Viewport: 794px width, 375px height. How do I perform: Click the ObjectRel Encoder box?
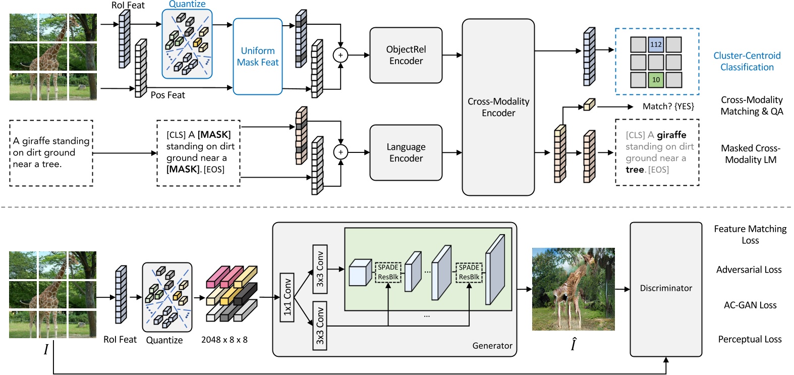406,55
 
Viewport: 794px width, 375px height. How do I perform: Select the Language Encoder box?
406,152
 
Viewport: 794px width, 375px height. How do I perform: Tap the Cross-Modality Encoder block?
498,107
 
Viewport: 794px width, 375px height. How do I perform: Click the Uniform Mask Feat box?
257,57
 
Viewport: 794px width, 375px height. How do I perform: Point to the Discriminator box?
665,288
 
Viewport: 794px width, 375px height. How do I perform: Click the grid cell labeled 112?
656,44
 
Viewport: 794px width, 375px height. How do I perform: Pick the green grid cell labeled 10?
656,80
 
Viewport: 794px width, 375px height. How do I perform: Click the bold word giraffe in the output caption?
671,135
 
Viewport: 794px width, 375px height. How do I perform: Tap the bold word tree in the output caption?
635,170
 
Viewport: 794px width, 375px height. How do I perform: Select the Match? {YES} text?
668,106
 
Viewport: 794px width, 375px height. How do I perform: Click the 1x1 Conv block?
287,297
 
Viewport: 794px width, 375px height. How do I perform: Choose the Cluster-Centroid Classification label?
747,62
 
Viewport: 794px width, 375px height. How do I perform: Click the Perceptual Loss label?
750,339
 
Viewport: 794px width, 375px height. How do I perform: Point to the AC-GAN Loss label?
750,305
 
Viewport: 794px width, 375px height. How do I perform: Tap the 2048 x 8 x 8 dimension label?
224,340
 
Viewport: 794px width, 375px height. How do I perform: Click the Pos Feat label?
167,95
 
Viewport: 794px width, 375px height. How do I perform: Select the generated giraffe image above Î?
573,289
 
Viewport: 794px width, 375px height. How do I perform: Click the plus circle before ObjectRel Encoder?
341,55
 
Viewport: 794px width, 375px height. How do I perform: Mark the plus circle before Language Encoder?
341,152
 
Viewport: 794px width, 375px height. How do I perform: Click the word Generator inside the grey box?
492,346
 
